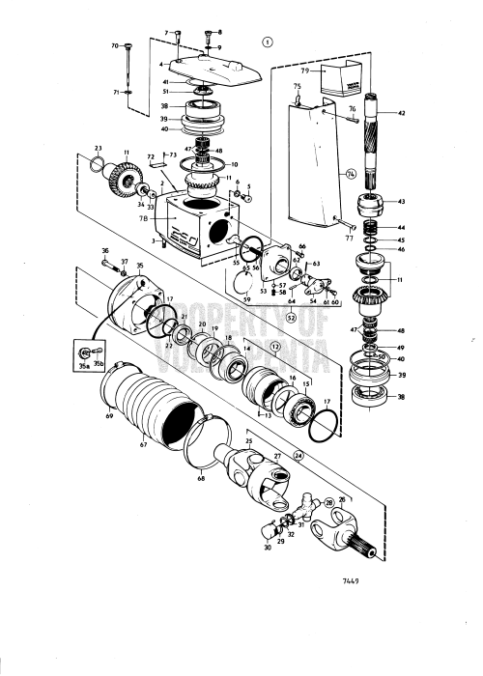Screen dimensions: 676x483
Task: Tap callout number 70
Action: [115, 45]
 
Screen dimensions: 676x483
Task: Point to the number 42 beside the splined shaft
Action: [402, 114]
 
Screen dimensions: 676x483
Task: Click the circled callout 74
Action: [352, 174]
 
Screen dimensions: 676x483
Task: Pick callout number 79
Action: [329, 70]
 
